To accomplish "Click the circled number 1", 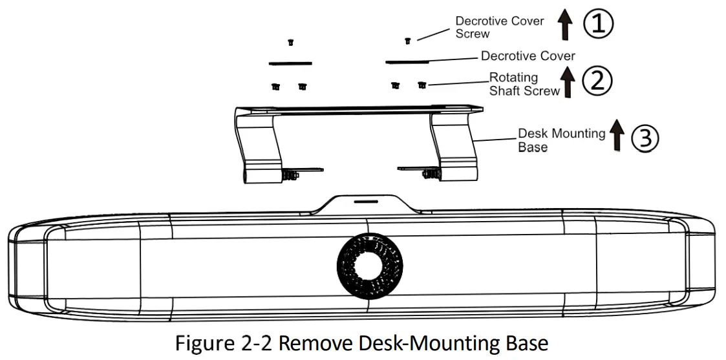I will pos(598,25).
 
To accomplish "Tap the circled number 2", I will pos(597,80).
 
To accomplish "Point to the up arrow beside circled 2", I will pos(568,81).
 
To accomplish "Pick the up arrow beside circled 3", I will pos(617,137).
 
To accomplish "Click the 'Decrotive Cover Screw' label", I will pos(499,27).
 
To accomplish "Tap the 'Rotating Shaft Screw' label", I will pos(524,85).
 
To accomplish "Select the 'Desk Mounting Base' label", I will pos(561,140).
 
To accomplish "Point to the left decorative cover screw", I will pos(291,43).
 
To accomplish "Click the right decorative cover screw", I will pos(407,41).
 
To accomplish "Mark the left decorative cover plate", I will pos(290,63).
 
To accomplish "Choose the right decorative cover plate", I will pos(407,62).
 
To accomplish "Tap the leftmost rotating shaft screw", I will pos(275,87).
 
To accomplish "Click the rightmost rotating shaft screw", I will pos(422,85).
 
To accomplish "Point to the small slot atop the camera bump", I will pos(366,201).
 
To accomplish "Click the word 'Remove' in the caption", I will pos(319,342).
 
